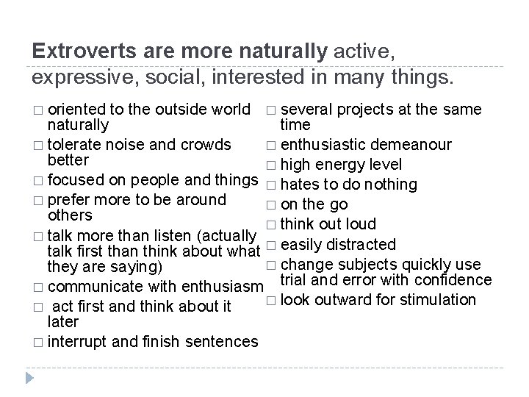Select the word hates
[x=298, y=185]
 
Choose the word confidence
[x=439, y=279]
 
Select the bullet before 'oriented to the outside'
[x=37, y=110]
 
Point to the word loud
[x=360, y=223]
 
